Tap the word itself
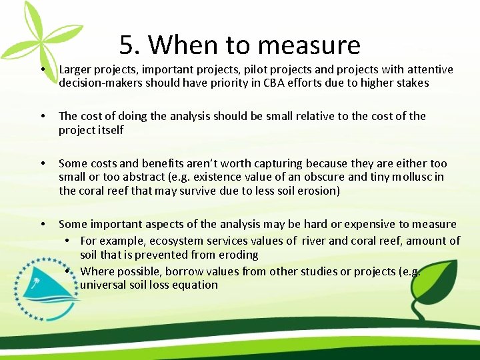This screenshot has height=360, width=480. click(110, 130)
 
